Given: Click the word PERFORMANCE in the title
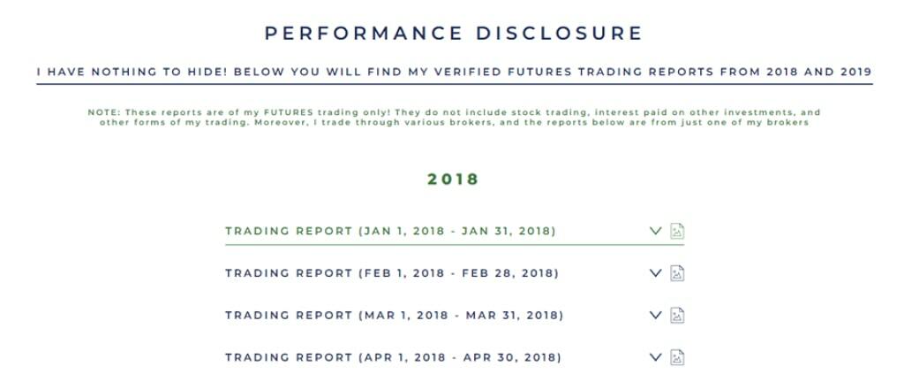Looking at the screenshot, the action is pos(364,33).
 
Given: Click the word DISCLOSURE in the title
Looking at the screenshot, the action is pos(559,33).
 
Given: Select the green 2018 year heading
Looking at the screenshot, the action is pos(453,180).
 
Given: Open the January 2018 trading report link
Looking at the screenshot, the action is pos(390,232).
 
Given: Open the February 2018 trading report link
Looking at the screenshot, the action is pos(392,273).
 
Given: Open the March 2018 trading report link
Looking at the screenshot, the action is pos(395,316).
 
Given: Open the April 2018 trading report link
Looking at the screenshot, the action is pos(393,358).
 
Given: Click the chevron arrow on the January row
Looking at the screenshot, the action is pos(656,232).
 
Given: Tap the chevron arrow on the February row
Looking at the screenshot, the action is pos(656,273).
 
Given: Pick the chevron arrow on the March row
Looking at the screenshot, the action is pos(656,315).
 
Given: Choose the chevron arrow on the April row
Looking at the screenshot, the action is pos(656,357).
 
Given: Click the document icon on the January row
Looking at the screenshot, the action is pos(677,232).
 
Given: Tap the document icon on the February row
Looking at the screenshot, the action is pos(677,273).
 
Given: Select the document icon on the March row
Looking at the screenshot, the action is pos(677,315).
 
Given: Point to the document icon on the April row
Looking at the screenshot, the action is pos(677,357).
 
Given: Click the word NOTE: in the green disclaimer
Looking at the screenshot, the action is pos(104,112).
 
